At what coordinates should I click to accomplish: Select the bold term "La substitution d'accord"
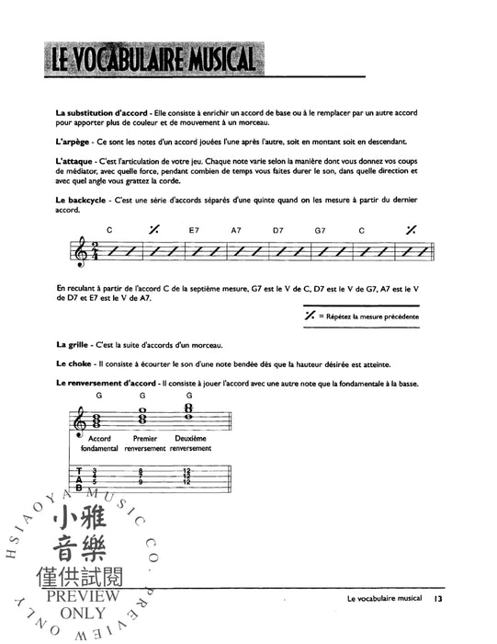pos(94,112)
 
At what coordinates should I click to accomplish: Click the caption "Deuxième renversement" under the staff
pos(189,444)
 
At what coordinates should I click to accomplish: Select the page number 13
pos(439,601)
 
